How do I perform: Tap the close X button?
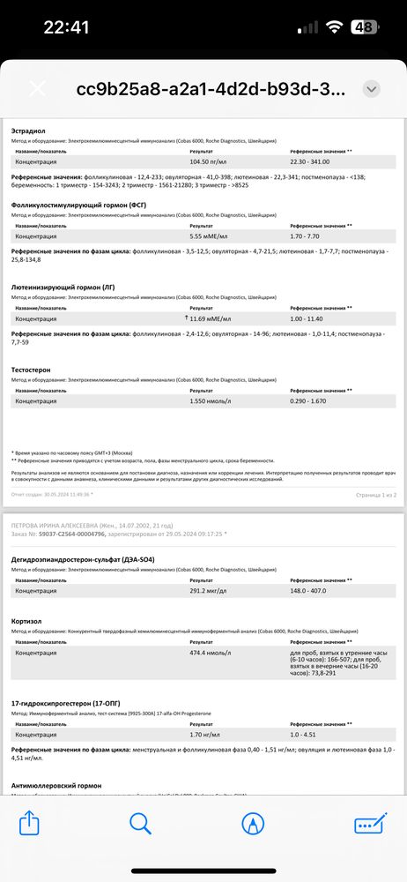click(38, 89)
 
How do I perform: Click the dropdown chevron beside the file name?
click(372, 89)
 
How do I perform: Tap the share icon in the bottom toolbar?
click(29, 823)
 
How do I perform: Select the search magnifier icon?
click(141, 823)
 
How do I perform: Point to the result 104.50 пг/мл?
click(211, 162)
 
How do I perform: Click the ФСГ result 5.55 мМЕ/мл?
click(210, 236)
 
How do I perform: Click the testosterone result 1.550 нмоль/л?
click(210, 400)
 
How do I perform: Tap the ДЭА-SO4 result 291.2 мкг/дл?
click(210, 591)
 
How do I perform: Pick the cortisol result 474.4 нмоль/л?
click(211, 654)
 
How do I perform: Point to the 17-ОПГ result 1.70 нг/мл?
click(208, 734)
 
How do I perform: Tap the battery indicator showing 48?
click(362, 26)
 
